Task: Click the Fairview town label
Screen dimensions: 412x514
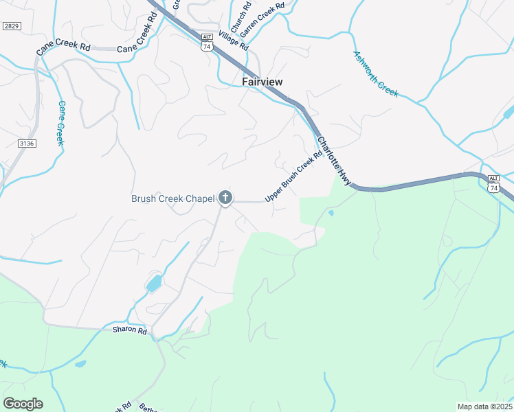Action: [x=262, y=82]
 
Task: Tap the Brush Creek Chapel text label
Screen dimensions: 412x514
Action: [x=173, y=199]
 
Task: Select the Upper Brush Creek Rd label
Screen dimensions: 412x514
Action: [x=293, y=177]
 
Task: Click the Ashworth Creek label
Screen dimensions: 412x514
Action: [x=375, y=73]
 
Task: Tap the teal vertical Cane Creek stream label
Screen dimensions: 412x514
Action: [x=60, y=123]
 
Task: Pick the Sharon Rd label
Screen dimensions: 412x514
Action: [x=130, y=331]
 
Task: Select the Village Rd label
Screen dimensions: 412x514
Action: [x=233, y=41]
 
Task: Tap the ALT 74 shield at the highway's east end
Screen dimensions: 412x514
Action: [x=493, y=183]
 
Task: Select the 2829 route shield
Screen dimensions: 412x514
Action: [x=10, y=26]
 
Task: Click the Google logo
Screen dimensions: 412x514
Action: [x=23, y=404]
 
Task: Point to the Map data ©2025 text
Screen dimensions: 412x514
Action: [x=484, y=407]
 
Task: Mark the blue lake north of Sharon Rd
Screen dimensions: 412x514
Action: [x=154, y=282]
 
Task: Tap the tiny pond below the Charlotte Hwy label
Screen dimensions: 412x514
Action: [x=331, y=214]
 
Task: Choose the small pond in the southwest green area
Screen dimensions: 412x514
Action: [x=80, y=363]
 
